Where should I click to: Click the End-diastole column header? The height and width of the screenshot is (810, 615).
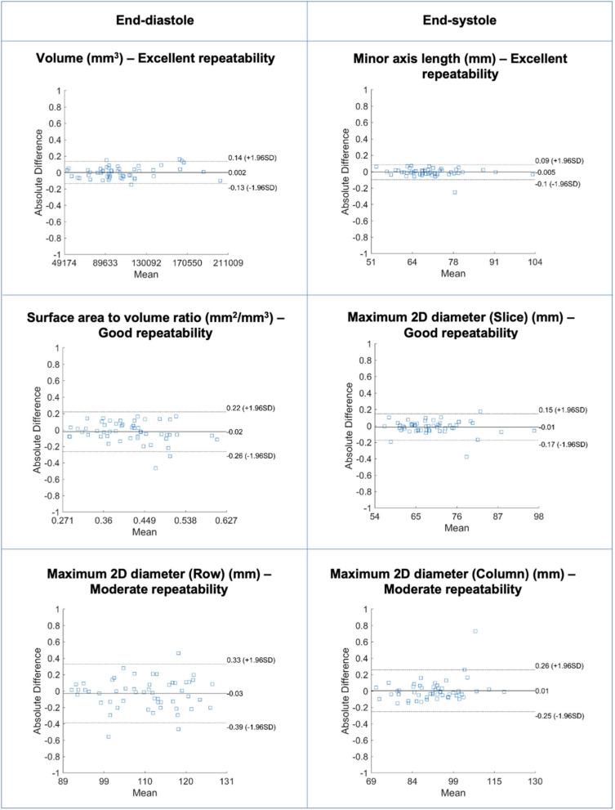click(154, 20)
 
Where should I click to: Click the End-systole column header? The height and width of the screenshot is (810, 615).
click(460, 20)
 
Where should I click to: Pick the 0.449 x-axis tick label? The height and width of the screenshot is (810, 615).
click(145, 521)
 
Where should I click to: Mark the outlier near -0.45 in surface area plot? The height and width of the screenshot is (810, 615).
click(155, 468)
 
